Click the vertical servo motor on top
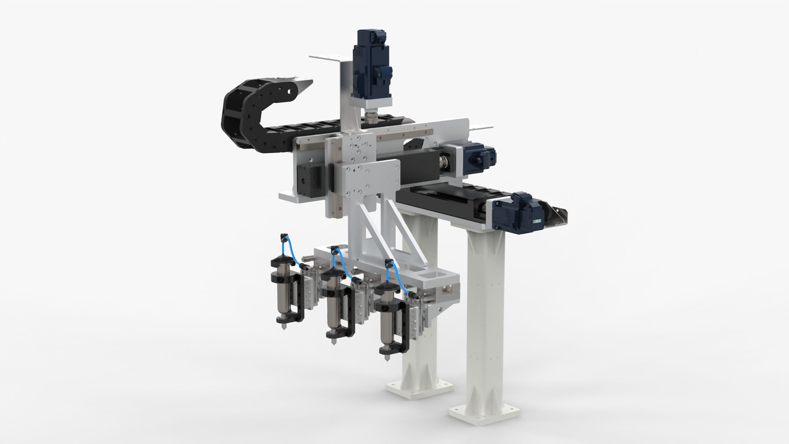pyautogui.click(x=372, y=62)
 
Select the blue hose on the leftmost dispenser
pyautogui.click(x=288, y=251)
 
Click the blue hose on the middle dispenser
pyautogui.click(x=341, y=263)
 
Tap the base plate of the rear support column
pyautogui.click(x=419, y=388)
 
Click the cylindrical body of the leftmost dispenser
pyautogui.click(x=284, y=300)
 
